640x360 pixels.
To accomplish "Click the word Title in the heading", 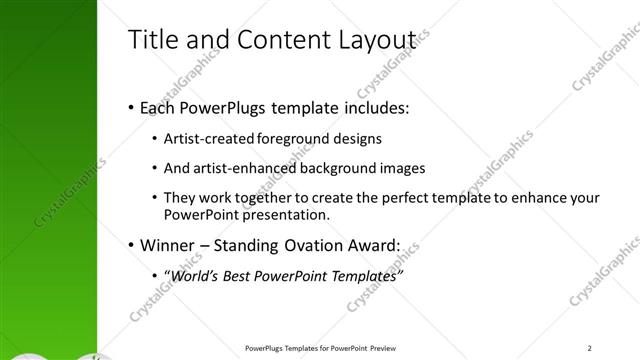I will (x=152, y=40).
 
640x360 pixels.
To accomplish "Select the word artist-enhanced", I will (x=242, y=168).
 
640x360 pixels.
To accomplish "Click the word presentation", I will (x=292, y=215).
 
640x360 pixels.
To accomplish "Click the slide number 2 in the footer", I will (x=590, y=348).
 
